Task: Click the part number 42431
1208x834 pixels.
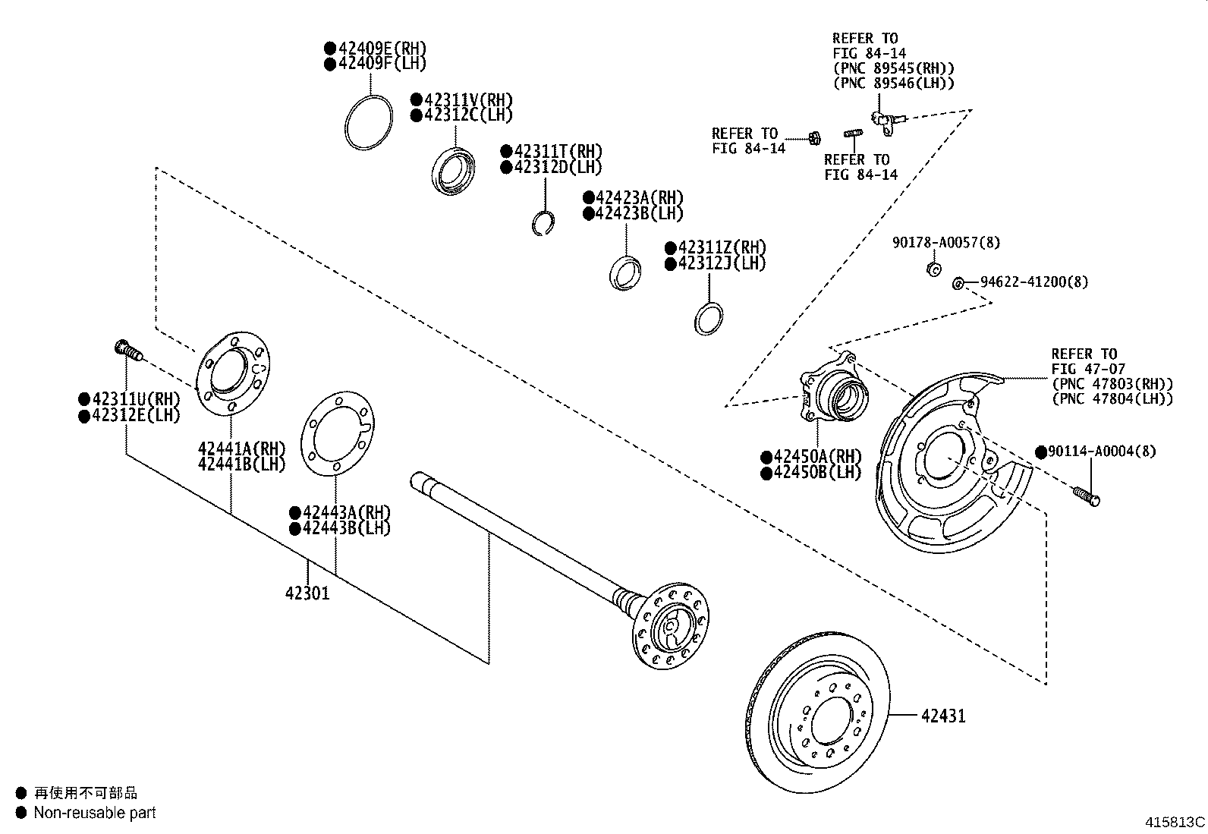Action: tap(943, 716)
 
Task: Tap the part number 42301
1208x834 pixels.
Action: tap(307, 593)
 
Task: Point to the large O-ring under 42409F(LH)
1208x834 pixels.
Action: tap(369, 123)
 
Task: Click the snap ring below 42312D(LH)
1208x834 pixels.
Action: tap(542, 223)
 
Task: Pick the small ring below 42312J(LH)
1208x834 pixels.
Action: tap(708, 317)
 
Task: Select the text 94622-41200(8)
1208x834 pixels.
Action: tap(1033, 282)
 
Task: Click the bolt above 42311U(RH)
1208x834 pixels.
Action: tap(127, 351)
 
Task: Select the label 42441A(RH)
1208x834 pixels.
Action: tap(241, 448)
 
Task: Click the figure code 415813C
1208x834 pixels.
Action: tap(1175, 821)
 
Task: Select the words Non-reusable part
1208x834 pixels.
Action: tap(94, 813)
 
